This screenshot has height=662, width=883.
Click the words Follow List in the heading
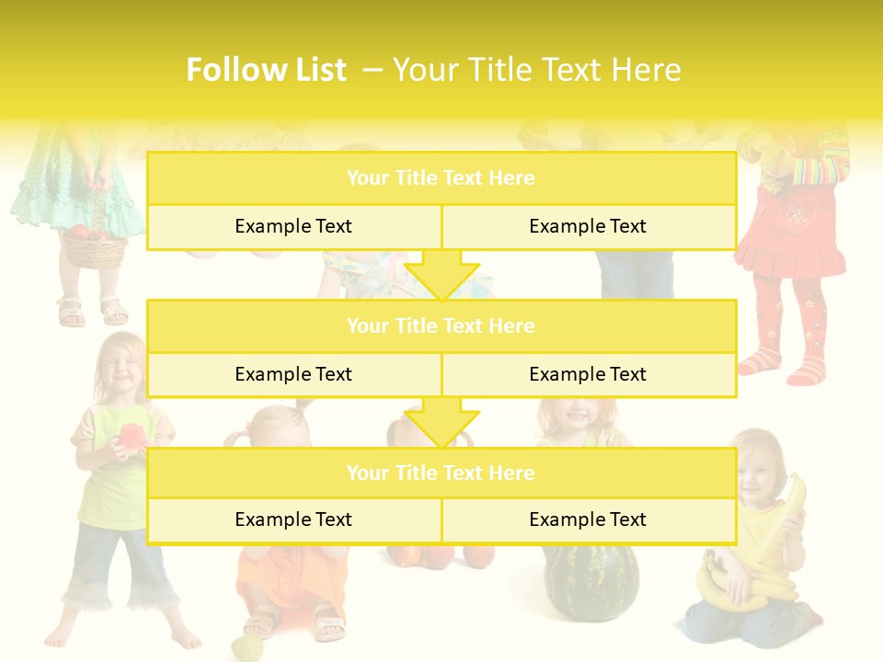pyautogui.click(x=266, y=70)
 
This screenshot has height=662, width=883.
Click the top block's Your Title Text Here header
pyautogui.click(x=441, y=178)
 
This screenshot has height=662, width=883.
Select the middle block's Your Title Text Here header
pyautogui.click(x=441, y=325)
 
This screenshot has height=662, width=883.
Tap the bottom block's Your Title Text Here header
pyautogui.click(x=441, y=473)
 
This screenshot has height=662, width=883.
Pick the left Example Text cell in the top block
pyautogui.click(x=293, y=226)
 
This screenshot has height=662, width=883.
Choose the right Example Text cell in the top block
pyautogui.click(x=588, y=226)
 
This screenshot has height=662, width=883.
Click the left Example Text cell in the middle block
pyautogui.click(x=293, y=374)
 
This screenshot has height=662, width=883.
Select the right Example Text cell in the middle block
pyautogui.click(x=588, y=374)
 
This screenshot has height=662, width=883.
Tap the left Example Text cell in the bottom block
pyautogui.click(x=293, y=519)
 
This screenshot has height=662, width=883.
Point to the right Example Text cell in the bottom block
pyautogui.click(x=588, y=519)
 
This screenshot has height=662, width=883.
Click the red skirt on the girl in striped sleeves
pyautogui.click(x=790, y=239)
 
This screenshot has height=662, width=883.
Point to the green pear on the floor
pyautogui.click(x=246, y=647)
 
